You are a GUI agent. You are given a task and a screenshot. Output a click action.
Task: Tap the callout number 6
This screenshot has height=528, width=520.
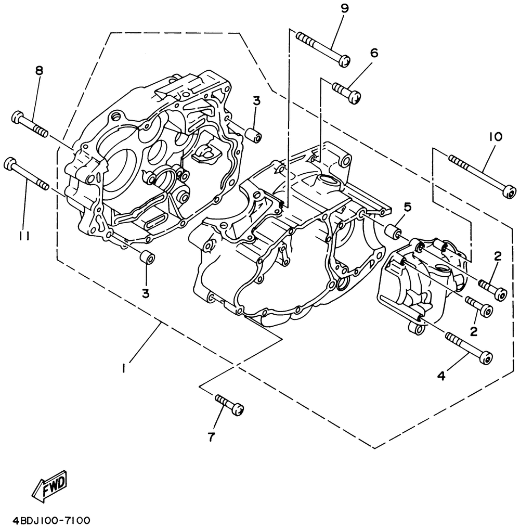374,53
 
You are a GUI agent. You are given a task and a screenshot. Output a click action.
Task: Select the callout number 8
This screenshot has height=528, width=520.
39,71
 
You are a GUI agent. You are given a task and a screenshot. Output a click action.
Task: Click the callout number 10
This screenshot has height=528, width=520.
495,137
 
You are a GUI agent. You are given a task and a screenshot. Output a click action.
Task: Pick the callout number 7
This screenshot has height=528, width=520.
211,437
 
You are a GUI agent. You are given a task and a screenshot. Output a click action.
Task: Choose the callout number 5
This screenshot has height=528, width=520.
407,207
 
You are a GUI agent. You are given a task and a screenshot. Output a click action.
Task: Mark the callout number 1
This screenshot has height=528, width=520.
123,368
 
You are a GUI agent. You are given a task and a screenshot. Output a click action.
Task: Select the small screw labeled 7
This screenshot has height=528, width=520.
229,404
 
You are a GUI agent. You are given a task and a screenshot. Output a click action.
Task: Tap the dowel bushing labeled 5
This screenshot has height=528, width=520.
394,230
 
